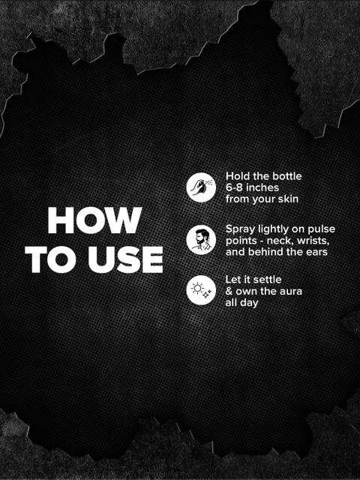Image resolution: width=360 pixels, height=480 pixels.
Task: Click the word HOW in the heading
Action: [x=95, y=220]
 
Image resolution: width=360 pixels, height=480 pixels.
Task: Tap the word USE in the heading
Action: [x=125, y=259]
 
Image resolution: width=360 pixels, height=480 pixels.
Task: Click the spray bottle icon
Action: [x=201, y=187]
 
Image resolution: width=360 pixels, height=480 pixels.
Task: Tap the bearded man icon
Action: [x=201, y=240]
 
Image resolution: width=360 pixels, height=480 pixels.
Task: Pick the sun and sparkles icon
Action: [x=201, y=290]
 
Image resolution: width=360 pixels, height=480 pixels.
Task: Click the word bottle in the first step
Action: [x=287, y=176]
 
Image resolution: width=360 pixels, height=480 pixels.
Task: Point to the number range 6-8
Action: [x=234, y=187]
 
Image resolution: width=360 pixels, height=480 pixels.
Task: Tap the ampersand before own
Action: [x=229, y=291]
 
